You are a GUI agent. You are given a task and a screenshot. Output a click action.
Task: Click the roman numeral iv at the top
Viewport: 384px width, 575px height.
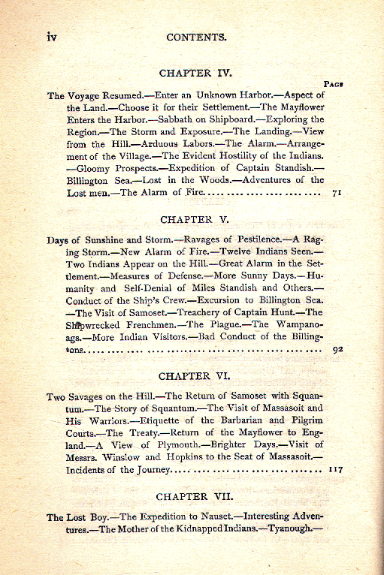coord(52,36)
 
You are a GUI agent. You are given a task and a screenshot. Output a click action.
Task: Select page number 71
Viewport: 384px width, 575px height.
coord(337,193)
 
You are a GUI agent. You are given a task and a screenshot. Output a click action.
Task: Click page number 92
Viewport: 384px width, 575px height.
coord(337,348)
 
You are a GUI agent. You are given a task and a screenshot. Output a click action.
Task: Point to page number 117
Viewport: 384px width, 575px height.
coord(335,470)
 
